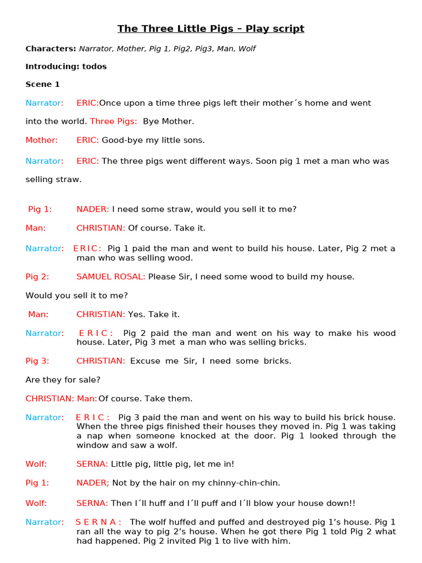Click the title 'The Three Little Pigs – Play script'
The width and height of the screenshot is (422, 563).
pyautogui.click(x=211, y=29)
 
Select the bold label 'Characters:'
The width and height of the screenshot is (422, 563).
pyautogui.click(x=51, y=49)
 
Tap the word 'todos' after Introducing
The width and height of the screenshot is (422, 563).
pyautogui.click(x=95, y=67)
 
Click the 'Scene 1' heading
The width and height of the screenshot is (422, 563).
pyautogui.click(x=43, y=85)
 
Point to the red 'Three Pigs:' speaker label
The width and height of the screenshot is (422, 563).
pyautogui.click(x=114, y=122)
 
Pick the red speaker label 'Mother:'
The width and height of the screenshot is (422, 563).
pyautogui.click(x=42, y=140)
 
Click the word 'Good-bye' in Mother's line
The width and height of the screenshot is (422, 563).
pyautogui.click(x=119, y=140)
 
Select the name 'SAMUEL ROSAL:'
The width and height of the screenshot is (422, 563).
pyautogui.click(x=111, y=277)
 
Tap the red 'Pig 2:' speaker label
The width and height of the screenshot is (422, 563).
pyautogui.click(x=37, y=277)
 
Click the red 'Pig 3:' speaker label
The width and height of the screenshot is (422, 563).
pyautogui.click(x=37, y=361)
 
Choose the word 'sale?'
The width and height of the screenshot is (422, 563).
pyautogui.click(x=90, y=380)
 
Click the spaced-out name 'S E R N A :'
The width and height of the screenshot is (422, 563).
pyautogui.click(x=98, y=522)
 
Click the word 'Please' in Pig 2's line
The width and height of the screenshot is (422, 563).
pyautogui.click(x=161, y=277)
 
